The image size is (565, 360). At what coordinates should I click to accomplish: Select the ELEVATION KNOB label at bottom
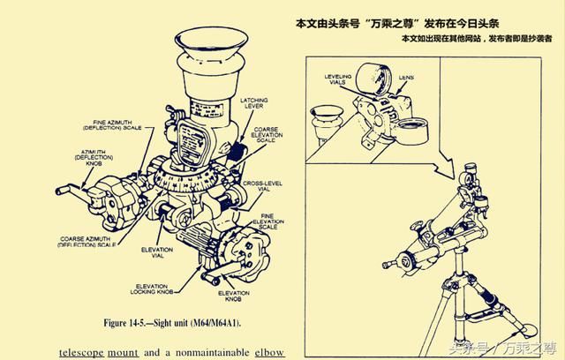[233, 296]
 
